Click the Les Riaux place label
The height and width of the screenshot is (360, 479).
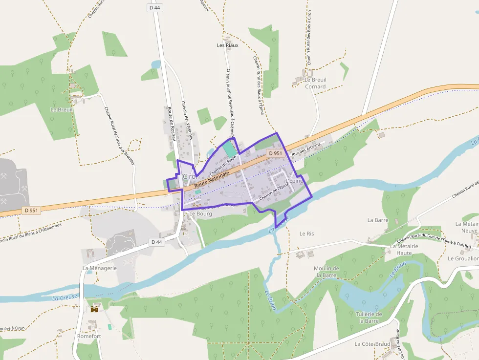[x=227, y=45]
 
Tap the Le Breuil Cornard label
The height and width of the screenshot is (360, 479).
[x=315, y=83]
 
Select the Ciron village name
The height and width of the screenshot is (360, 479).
[x=190, y=176]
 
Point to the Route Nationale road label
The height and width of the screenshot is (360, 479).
[x=212, y=179]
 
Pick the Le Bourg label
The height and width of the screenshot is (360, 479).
[x=200, y=213]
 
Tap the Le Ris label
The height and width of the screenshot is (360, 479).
[x=306, y=233]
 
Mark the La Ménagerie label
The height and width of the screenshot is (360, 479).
[x=100, y=268]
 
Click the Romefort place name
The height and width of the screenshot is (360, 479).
[x=89, y=336]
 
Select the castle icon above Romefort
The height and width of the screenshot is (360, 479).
[x=94, y=309]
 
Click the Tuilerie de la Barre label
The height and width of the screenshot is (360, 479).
[x=369, y=317]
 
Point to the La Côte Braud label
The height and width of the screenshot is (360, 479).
[x=372, y=344]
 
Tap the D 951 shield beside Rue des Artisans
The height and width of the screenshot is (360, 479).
[x=275, y=153]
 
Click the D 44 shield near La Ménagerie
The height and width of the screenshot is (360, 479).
[x=156, y=242]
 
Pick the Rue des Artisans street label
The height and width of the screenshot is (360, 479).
[x=306, y=149]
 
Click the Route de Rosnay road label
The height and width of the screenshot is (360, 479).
[x=172, y=124]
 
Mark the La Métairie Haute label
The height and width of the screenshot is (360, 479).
[x=404, y=249]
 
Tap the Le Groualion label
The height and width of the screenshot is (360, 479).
[x=463, y=258]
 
